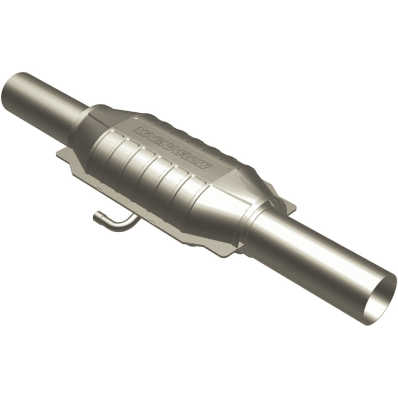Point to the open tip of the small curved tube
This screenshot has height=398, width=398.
tap(96, 216)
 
